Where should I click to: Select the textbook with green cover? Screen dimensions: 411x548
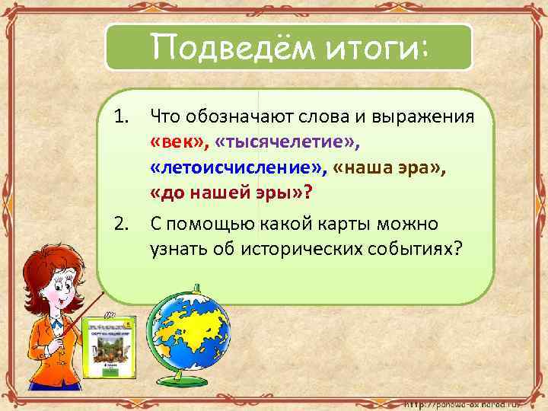pos(107,346)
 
